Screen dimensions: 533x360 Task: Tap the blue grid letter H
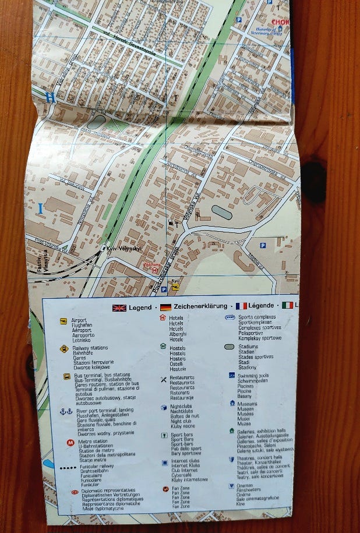[x=51, y=98]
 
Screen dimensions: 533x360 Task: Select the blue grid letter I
[x=40, y=208]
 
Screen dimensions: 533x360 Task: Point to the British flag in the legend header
[x=119, y=308]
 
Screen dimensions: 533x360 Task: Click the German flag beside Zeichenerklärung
[x=166, y=307]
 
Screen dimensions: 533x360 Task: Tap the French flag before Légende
[x=241, y=306]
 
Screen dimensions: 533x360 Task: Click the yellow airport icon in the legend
[x=63, y=321]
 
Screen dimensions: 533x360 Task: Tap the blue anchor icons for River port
[x=66, y=411]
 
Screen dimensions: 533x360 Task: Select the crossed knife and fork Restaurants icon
[x=164, y=379]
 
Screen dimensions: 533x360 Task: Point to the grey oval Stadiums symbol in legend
[x=229, y=347]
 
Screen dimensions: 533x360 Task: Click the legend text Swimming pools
[x=253, y=375]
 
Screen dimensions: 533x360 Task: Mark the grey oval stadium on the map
[x=221, y=212]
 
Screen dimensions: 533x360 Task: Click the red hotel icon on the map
[x=154, y=270]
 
